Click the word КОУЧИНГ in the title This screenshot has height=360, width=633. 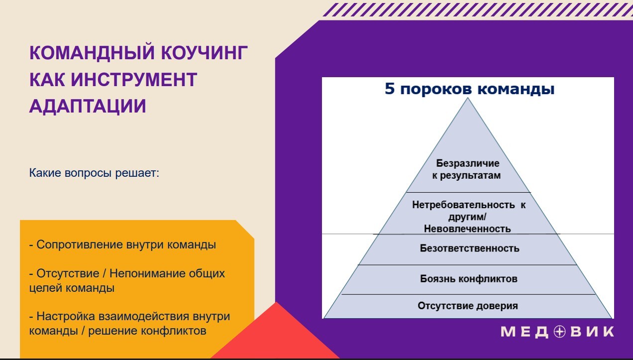click(205, 53)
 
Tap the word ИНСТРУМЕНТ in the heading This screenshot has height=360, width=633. click(134, 80)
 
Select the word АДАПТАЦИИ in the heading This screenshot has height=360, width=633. click(88, 106)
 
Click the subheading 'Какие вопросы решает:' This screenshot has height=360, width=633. click(94, 173)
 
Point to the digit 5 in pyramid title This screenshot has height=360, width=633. click(390, 89)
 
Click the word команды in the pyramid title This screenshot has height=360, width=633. click(516, 89)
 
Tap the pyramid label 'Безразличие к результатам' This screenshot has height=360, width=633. click(467, 169)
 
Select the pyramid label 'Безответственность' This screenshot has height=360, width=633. click(469, 248)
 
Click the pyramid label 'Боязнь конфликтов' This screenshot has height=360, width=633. click(469, 279)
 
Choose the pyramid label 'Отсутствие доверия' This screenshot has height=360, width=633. click(468, 306)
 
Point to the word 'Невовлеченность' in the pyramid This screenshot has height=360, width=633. click(467, 229)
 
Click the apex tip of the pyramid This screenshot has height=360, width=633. click(468, 98)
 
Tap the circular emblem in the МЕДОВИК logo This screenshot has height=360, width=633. click(559, 332)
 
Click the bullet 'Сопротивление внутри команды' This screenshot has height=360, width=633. click(122, 244)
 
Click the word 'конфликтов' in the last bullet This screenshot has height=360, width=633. click(174, 331)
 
